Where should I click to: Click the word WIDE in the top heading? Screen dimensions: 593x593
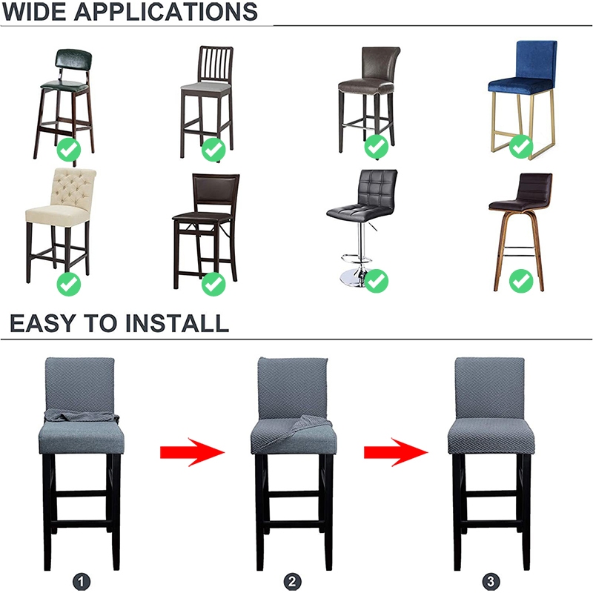pos(34,12)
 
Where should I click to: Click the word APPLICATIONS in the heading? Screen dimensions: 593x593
pos(166,12)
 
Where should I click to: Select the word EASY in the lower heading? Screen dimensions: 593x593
pos(43,323)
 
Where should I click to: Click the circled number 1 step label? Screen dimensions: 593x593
pos(82,581)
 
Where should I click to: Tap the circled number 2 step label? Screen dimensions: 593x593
pos(292,581)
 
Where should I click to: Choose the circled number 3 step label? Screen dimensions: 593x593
pos(491,581)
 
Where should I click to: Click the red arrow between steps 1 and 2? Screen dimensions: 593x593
pos(193,452)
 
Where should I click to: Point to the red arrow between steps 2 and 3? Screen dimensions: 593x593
pos(396,452)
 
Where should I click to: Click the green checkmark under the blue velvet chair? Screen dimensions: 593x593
pos(521,146)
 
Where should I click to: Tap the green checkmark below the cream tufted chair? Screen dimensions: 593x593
pos(69,284)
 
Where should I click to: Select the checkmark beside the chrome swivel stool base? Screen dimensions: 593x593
pos(376,281)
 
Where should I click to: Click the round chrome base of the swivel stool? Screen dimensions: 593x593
pos(354,278)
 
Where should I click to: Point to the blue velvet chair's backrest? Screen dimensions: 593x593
pos(536,60)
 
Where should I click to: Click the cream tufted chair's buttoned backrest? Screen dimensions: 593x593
pos(73,188)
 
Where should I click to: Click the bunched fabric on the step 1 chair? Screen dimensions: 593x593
pos(82,416)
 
